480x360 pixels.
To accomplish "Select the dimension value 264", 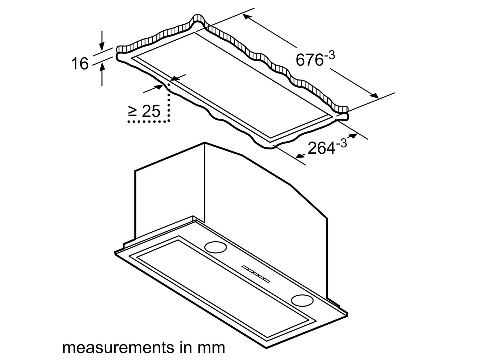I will (321, 148).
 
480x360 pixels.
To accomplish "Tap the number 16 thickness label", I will (80, 64).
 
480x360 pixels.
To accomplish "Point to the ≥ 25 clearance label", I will (144, 112).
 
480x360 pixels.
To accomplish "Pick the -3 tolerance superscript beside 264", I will (341, 143).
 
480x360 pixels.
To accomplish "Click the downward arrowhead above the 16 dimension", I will (102, 46).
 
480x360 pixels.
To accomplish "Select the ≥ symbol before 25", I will (133, 112).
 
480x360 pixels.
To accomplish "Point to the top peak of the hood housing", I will (205, 143).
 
